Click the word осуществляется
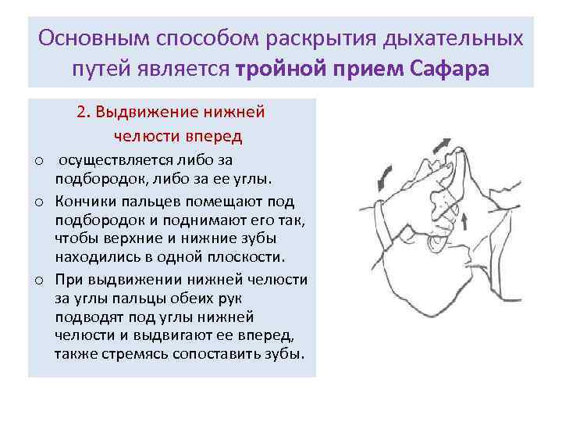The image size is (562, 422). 112,160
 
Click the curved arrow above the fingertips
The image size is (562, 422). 441,145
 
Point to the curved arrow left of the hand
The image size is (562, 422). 384,176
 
